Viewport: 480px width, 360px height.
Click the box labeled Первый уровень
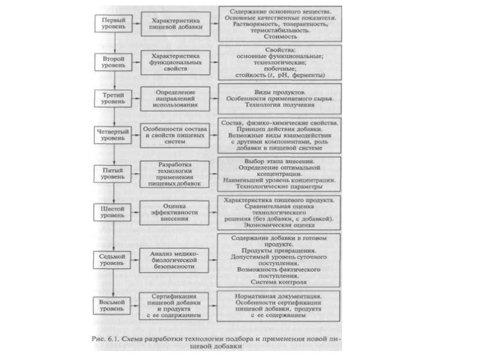(x=112, y=23)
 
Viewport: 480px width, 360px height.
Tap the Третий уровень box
(x=112, y=98)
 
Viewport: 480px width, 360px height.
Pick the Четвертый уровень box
(x=112, y=134)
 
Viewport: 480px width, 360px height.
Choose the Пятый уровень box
(x=112, y=173)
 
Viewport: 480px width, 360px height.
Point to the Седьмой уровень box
(x=112, y=259)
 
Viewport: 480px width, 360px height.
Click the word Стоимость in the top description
(x=278, y=35)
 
